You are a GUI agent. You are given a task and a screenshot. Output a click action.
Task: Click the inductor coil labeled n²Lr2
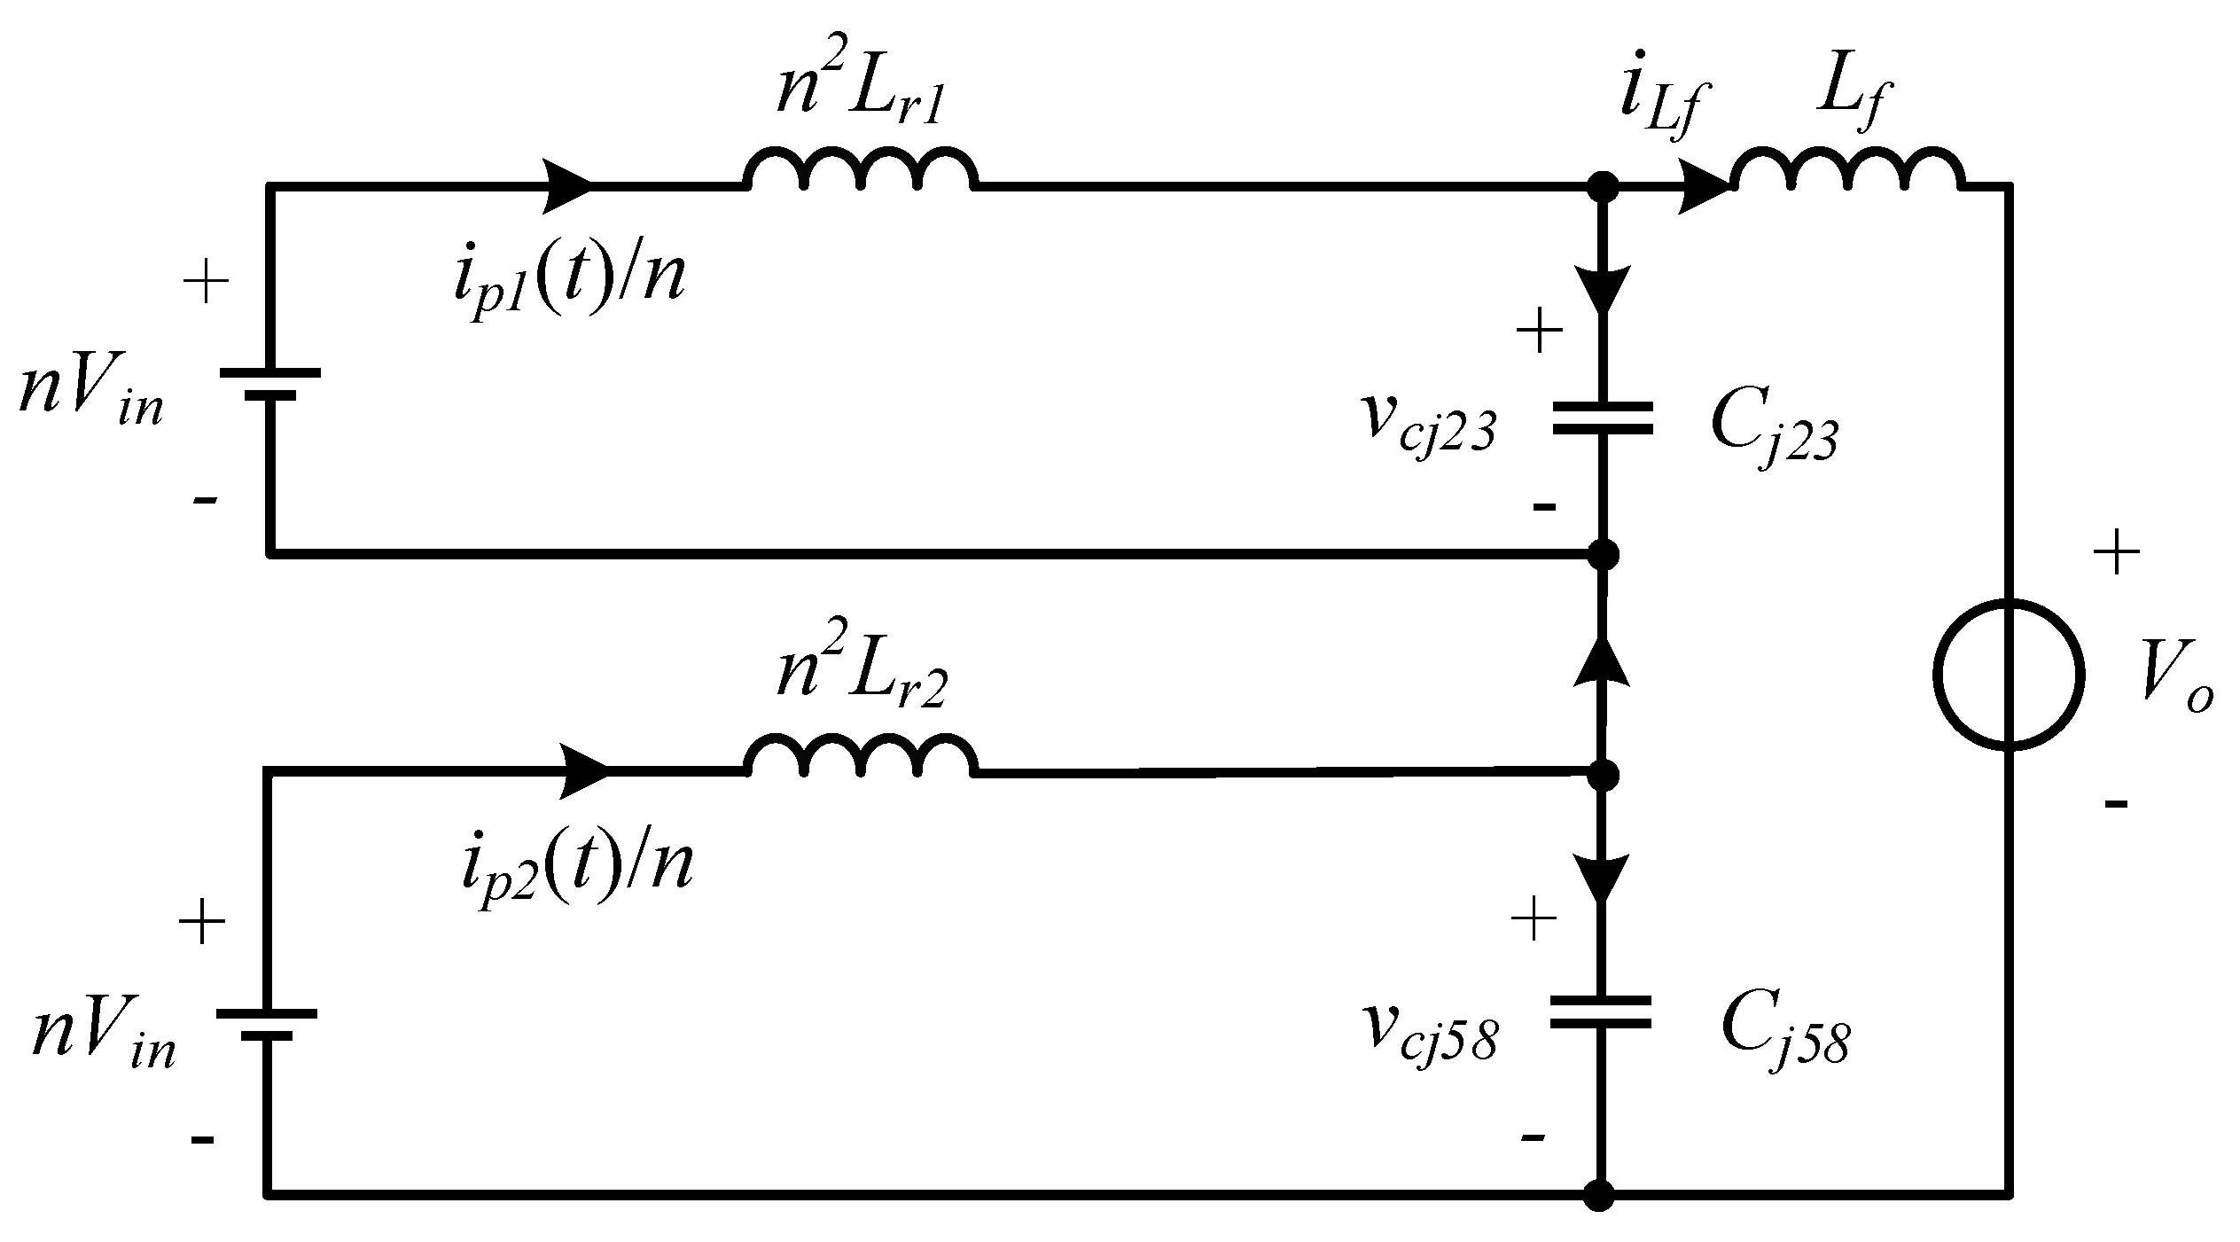pyautogui.click(x=860, y=756)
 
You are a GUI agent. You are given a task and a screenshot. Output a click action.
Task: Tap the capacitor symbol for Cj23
pyautogui.click(x=1602, y=418)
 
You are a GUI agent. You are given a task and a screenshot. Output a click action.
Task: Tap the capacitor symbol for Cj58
pyautogui.click(x=1600, y=1012)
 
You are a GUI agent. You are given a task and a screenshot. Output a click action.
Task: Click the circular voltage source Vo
pyautogui.click(x=2008, y=675)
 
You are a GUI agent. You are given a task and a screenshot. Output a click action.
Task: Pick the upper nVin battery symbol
pyautogui.click(x=269, y=385)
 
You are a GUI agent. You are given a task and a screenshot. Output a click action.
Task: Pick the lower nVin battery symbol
pyautogui.click(x=266, y=1024)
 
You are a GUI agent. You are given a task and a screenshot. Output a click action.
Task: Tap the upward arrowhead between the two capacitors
pyautogui.click(x=1602, y=660)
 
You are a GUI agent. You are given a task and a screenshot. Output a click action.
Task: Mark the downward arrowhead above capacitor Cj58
pyautogui.click(x=1601, y=878)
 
